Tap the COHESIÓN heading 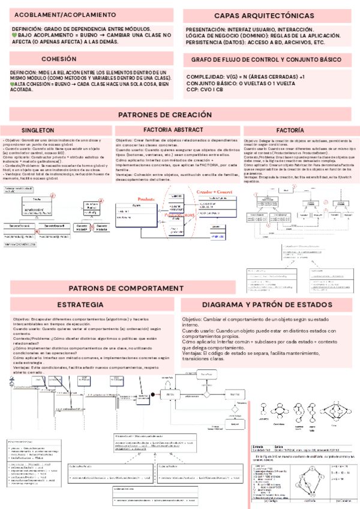(x=59, y=59)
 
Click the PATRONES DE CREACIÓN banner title (x=166, y=115)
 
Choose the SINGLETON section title (x=38, y=130)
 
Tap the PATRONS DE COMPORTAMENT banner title (x=131, y=288)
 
